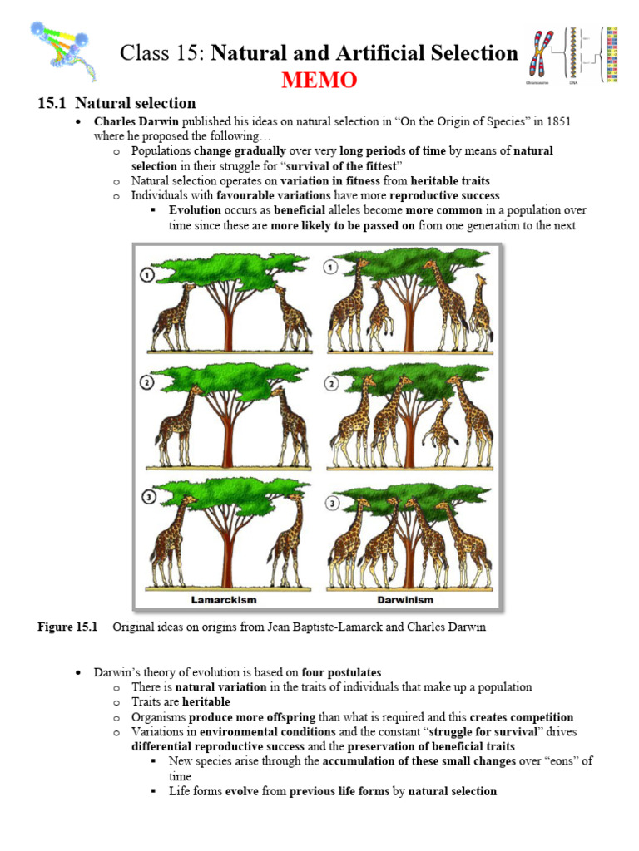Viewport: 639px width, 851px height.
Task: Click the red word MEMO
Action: click(319, 81)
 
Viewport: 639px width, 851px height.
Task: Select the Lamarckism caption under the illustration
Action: click(223, 598)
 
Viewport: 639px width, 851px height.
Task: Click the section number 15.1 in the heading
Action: click(52, 103)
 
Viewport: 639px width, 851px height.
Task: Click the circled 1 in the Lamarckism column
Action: click(147, 275)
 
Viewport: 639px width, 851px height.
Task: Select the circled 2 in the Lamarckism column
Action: click(147, 383)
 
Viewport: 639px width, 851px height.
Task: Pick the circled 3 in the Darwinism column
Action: click(332, 504)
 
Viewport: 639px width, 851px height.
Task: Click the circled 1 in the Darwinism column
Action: click(331, 268)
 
